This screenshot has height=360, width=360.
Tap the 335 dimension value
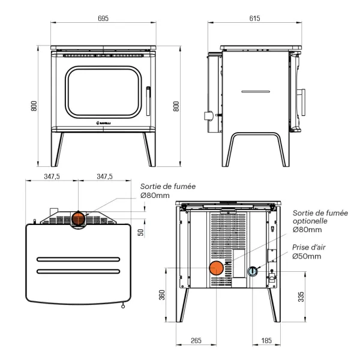(301, 297)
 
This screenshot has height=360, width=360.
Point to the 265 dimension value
(196, 341)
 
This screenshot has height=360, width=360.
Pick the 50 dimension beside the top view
(140, 232)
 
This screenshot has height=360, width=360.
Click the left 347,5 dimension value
(52, 177)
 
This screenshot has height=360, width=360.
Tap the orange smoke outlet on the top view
(79, 219)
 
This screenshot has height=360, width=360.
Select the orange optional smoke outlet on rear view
(216, 268)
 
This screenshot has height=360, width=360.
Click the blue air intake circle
(253, 271)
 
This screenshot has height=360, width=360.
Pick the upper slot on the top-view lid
(78, 260)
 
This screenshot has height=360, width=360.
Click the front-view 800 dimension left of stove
(34, 106)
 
